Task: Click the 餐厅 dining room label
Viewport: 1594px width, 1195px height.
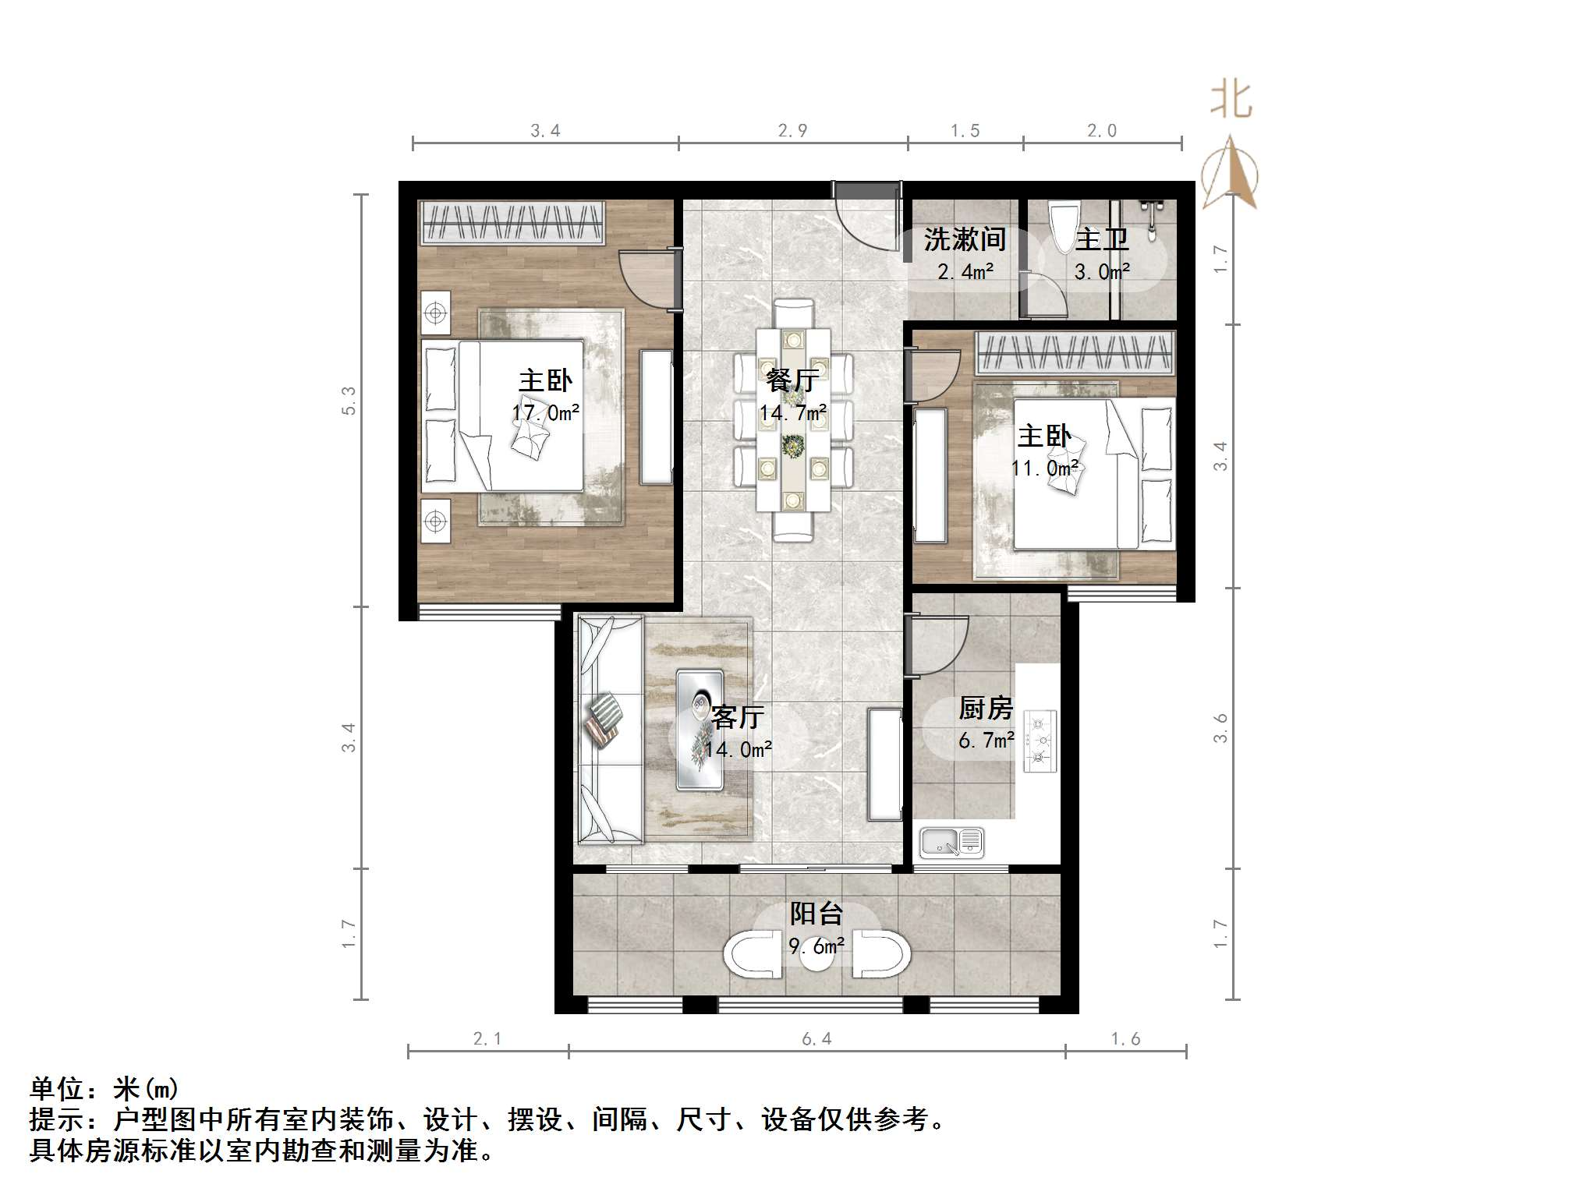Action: pos(792,381)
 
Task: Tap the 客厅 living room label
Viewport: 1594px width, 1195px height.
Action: pos(738,716)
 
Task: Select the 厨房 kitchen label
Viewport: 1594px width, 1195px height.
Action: pos(986,709)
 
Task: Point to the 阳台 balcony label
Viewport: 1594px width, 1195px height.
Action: pos(816,914)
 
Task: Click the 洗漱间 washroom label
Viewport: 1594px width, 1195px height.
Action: pos(965,240)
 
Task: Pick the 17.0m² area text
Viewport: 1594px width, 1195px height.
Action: pos(546,412)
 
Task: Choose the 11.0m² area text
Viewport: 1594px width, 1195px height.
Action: pos(1045,468)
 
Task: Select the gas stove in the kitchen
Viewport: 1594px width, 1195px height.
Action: pos(1040,741)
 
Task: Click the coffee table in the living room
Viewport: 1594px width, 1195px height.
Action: pos(700,729)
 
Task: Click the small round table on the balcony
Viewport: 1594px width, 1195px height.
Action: pos(817,956)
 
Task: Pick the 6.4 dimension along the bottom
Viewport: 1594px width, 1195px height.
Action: pos(816,1038)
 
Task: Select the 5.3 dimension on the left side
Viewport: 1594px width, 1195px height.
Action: pos(348,401)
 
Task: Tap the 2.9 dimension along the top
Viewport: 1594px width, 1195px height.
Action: pos(792,131)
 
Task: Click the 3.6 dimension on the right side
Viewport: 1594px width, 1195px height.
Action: pos(1221,727)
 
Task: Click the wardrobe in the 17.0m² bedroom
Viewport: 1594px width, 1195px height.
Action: pos(512,222)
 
